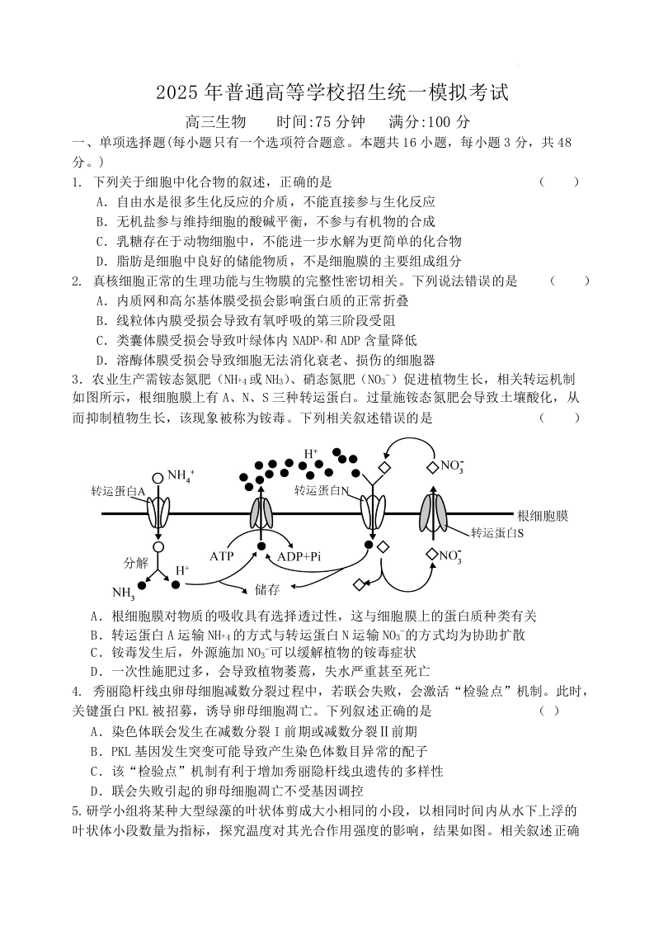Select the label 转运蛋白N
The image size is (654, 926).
322,490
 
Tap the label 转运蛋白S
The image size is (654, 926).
497,533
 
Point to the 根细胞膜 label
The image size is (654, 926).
542,516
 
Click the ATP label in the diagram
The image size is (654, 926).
222,556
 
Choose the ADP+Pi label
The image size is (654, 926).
299,556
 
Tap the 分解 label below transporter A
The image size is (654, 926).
135,563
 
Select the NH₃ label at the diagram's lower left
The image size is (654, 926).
123,593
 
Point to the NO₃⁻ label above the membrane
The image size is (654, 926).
452,466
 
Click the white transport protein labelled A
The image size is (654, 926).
158,513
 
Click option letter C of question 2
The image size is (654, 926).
100,340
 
